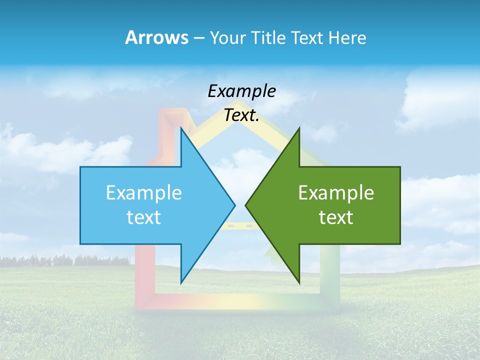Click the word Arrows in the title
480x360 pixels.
tap(156, 37)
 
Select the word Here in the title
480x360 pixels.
tap(347, 37)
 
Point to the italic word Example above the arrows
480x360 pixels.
tap(241, 91)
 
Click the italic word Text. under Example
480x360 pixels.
tap(241, 115)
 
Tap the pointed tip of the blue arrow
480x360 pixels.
tap(234, 205)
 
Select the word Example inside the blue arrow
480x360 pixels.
tap(144, 193)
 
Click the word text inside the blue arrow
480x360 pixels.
tap(144, 217)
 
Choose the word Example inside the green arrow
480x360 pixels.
tap(336, 193)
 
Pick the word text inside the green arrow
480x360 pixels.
tap(336, 217)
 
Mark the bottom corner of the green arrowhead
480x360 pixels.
tap(299, 281)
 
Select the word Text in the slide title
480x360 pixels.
tap(304, 37)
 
